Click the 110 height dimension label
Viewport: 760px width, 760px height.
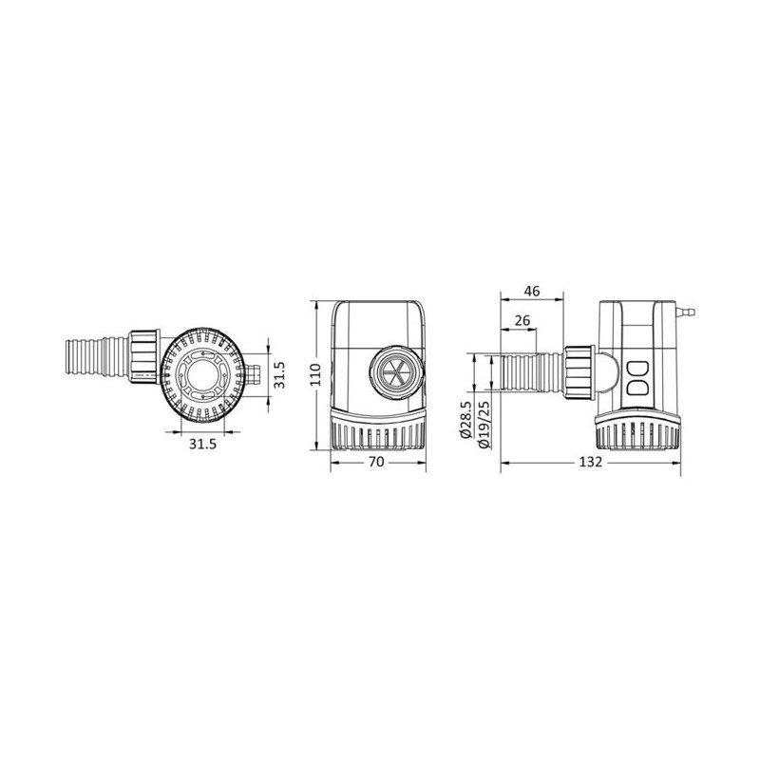[x=315, y=374]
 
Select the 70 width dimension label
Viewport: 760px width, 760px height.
[x=376, y=463]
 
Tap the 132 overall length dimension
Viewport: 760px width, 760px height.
[x=591, y=463]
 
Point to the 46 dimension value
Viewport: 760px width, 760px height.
[x=532, y=292]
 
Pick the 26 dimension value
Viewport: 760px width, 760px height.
[x=522, y=321]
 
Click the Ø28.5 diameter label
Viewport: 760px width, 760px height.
[x=465, y=420]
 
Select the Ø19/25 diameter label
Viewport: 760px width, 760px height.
[x=484, y=423]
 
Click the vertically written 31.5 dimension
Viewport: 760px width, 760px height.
[x=280, y=374]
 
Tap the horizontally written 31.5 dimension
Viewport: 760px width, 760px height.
[x=202, y=444]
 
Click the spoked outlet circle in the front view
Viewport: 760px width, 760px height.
[x=396, y=372]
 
